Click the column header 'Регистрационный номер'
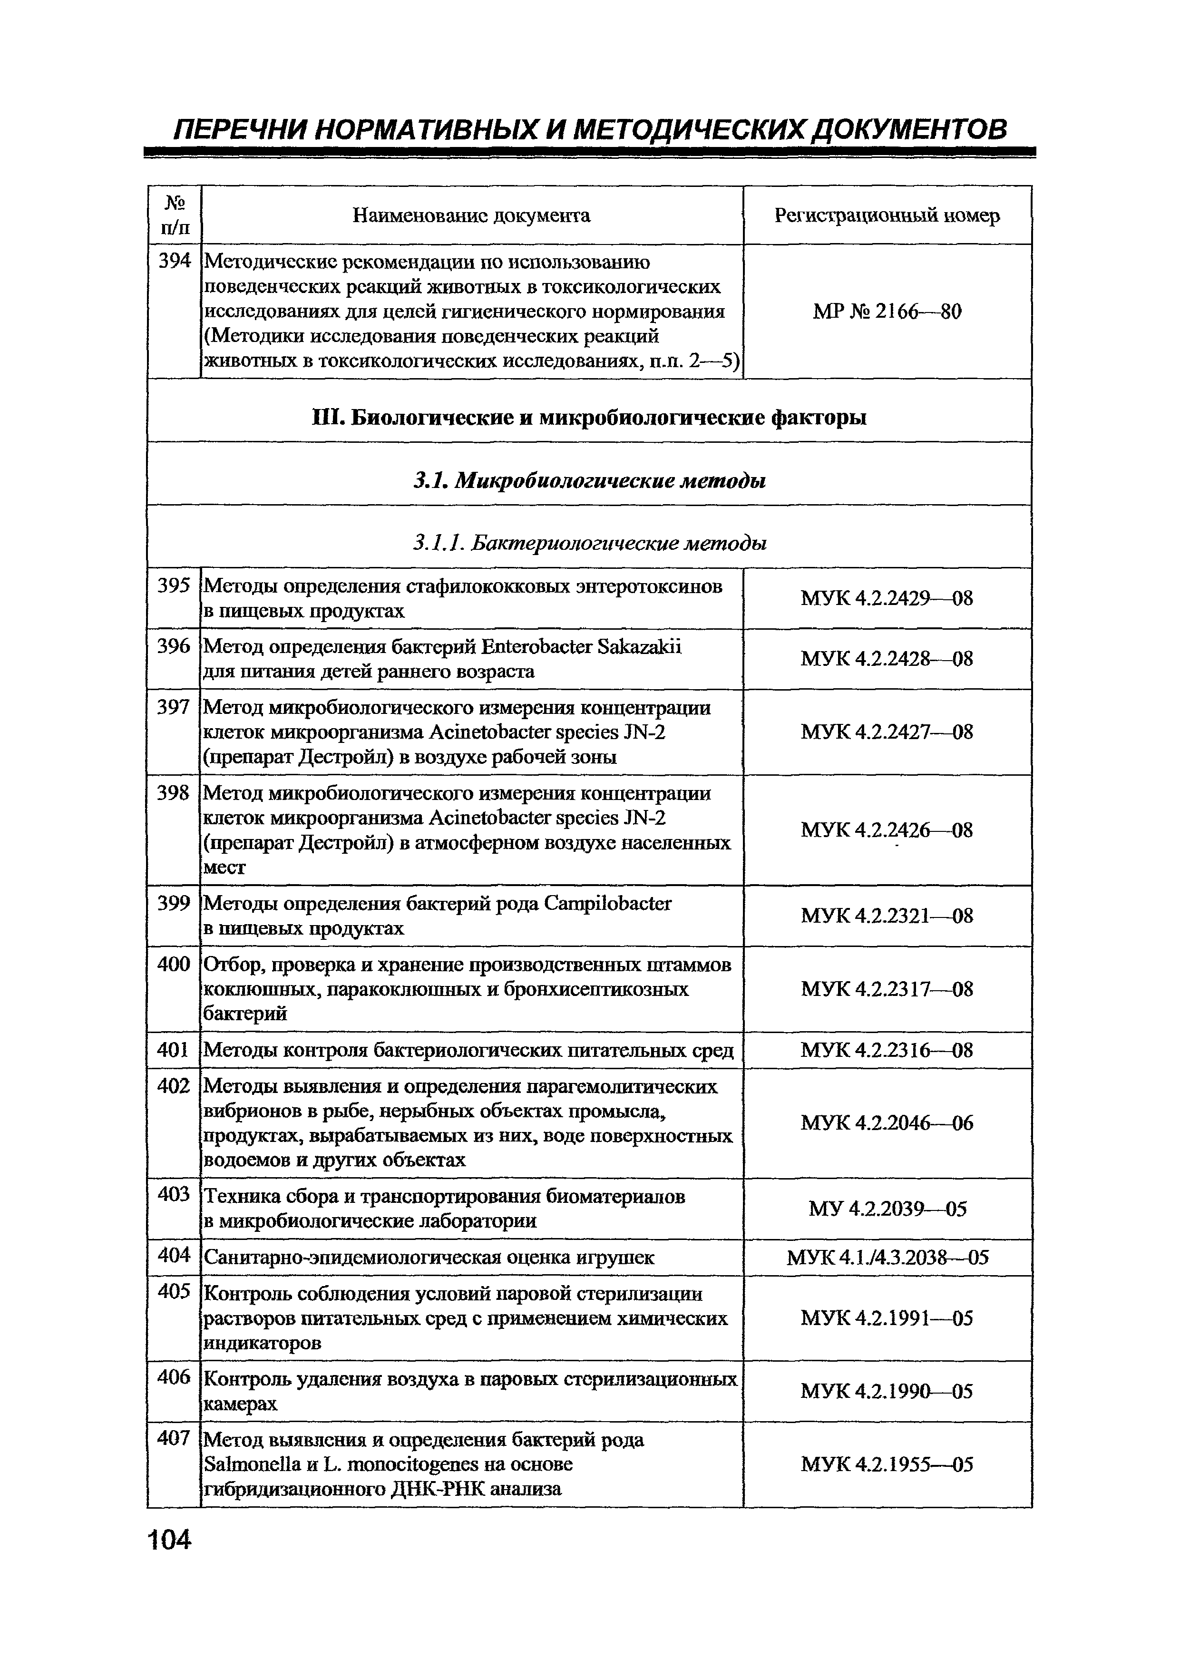tap(887, 216)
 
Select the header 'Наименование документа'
tap(471, 216)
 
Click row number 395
tap(174, 586)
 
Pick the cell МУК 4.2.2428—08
tap(887, 659)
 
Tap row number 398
tap(174, 792)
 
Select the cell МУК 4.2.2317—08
tap(887, 989)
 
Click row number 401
tap(174, 1050)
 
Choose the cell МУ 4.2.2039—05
tap(887, 1209)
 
